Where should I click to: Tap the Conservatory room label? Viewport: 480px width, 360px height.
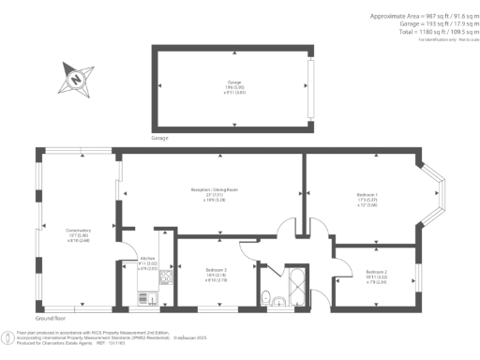click(78, 231)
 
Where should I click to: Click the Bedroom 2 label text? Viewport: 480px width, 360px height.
click(376, 272)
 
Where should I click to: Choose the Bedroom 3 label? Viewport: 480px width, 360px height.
click(217, 271)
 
